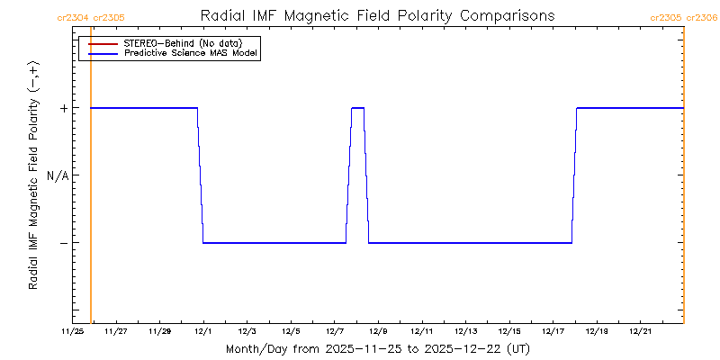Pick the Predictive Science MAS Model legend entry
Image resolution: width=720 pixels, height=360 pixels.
(191, 54)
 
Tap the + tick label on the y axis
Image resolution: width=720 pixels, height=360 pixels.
(64, 108)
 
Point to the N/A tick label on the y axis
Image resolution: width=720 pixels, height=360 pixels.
(58, 175)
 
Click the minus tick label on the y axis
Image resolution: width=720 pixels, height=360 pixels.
(64, 243)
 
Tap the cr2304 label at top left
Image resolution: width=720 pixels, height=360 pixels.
(72, 17)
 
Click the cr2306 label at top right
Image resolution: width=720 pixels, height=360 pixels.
(702, 17)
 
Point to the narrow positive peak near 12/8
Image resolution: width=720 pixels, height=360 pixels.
(357, 108)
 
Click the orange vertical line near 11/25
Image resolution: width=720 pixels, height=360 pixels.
(91, 180)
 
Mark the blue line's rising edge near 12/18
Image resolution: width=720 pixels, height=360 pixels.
(574, 175)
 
